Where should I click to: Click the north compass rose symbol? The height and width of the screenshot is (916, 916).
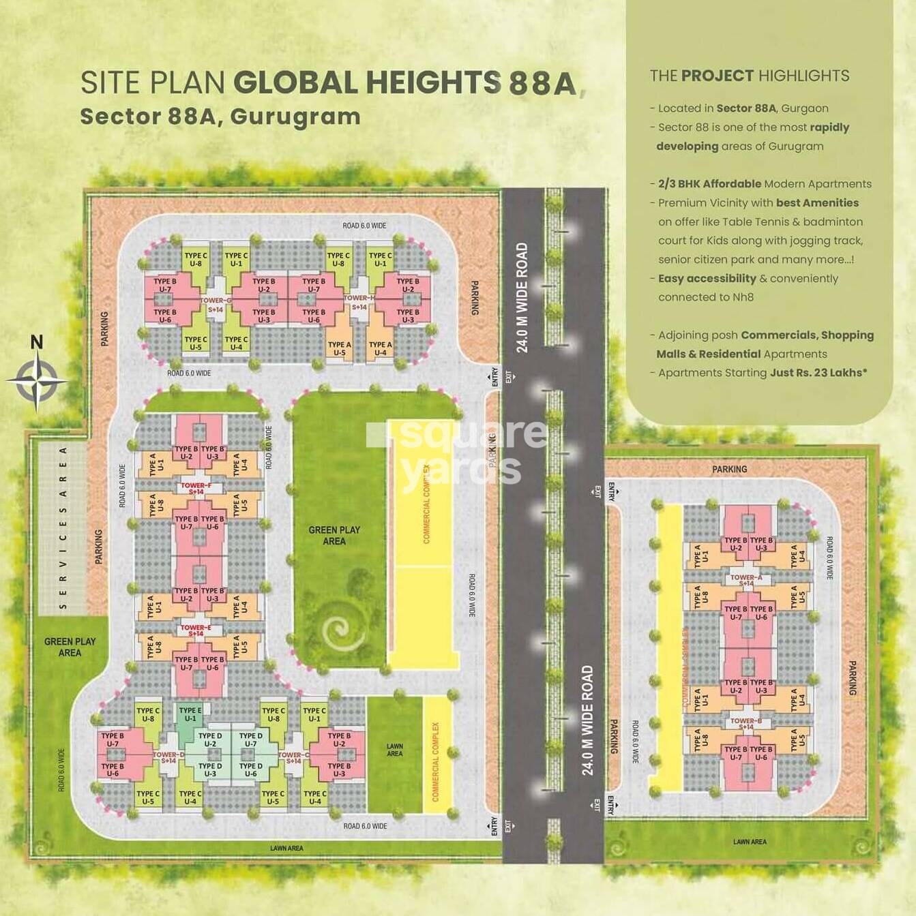click(37, 380)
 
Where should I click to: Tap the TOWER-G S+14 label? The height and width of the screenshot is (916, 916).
click(216, 305)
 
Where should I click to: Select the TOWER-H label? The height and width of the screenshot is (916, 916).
click(359, 298)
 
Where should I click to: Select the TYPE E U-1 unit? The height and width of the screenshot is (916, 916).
click(190, 714)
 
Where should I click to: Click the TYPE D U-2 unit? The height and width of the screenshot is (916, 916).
click(210, 739)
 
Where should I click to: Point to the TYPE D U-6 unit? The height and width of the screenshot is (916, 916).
click(250, 769)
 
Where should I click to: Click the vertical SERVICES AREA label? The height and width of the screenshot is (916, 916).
click(63, 528)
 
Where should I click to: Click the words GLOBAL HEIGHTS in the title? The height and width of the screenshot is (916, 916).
click(367, 82)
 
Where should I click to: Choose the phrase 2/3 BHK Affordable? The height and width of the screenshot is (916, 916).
click(709, 184)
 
